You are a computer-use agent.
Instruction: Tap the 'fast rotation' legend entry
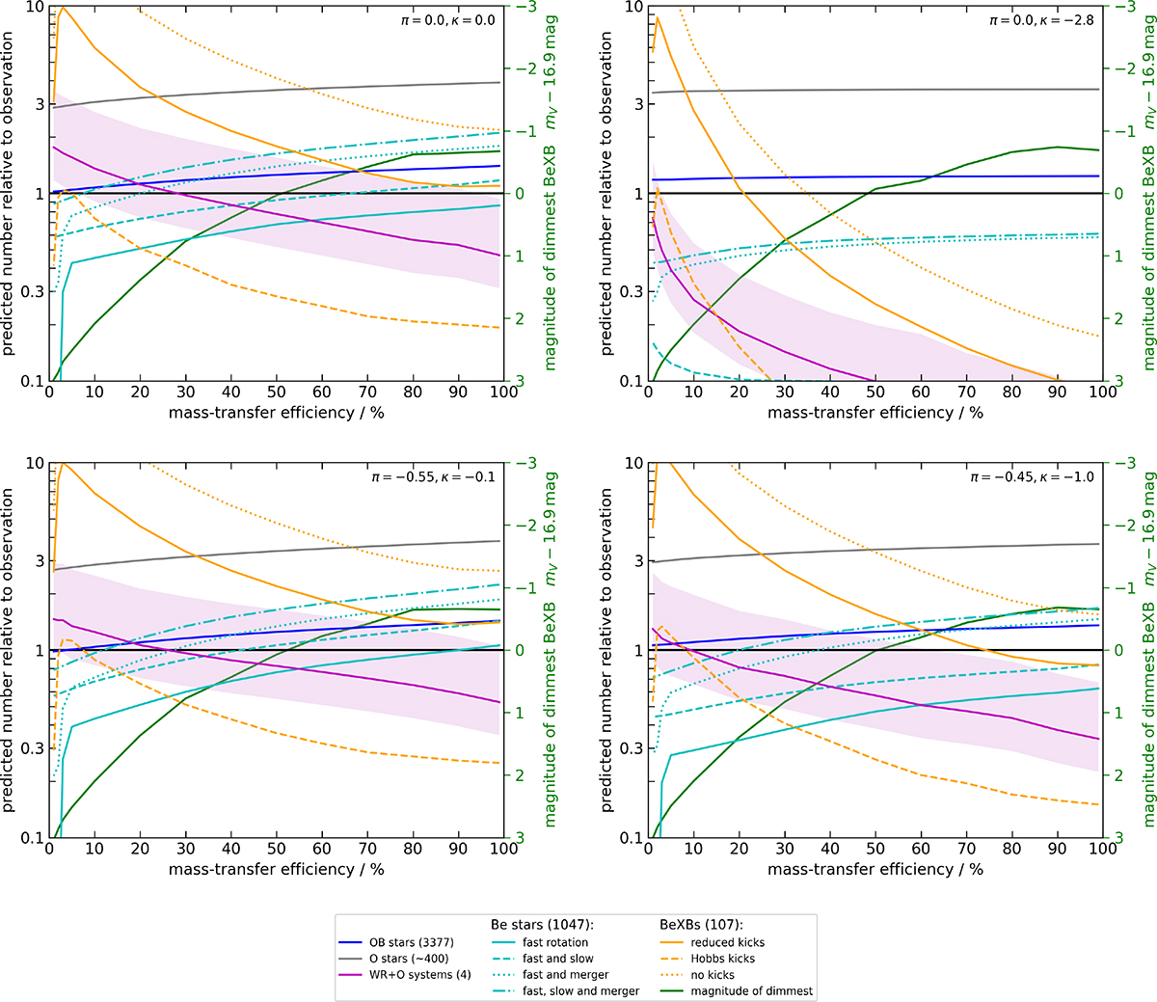click(x=554, y=942)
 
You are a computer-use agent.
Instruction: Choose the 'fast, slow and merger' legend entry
click(x=580, y=991)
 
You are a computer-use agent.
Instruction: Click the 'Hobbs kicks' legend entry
click(x=722, y=959)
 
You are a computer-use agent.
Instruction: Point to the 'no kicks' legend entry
click(x=713, y=975)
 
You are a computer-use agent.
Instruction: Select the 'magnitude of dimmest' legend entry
click(x=751, y=991)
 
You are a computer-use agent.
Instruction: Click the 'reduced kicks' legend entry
click(x=727, y=942)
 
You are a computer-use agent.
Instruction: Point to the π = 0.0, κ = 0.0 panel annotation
click(x=447, y=19)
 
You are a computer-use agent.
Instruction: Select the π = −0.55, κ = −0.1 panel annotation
click(x=441, y=476)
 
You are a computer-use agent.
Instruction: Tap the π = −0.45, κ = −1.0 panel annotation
click(x=1033, y=476)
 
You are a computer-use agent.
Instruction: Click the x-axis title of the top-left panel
click(x=276, y=413)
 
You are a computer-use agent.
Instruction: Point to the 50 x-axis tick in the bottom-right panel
click(x=875, y=850)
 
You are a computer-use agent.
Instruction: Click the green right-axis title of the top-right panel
click(x=1147, y=193)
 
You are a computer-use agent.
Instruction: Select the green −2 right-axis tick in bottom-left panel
click(x=518, y=526)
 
